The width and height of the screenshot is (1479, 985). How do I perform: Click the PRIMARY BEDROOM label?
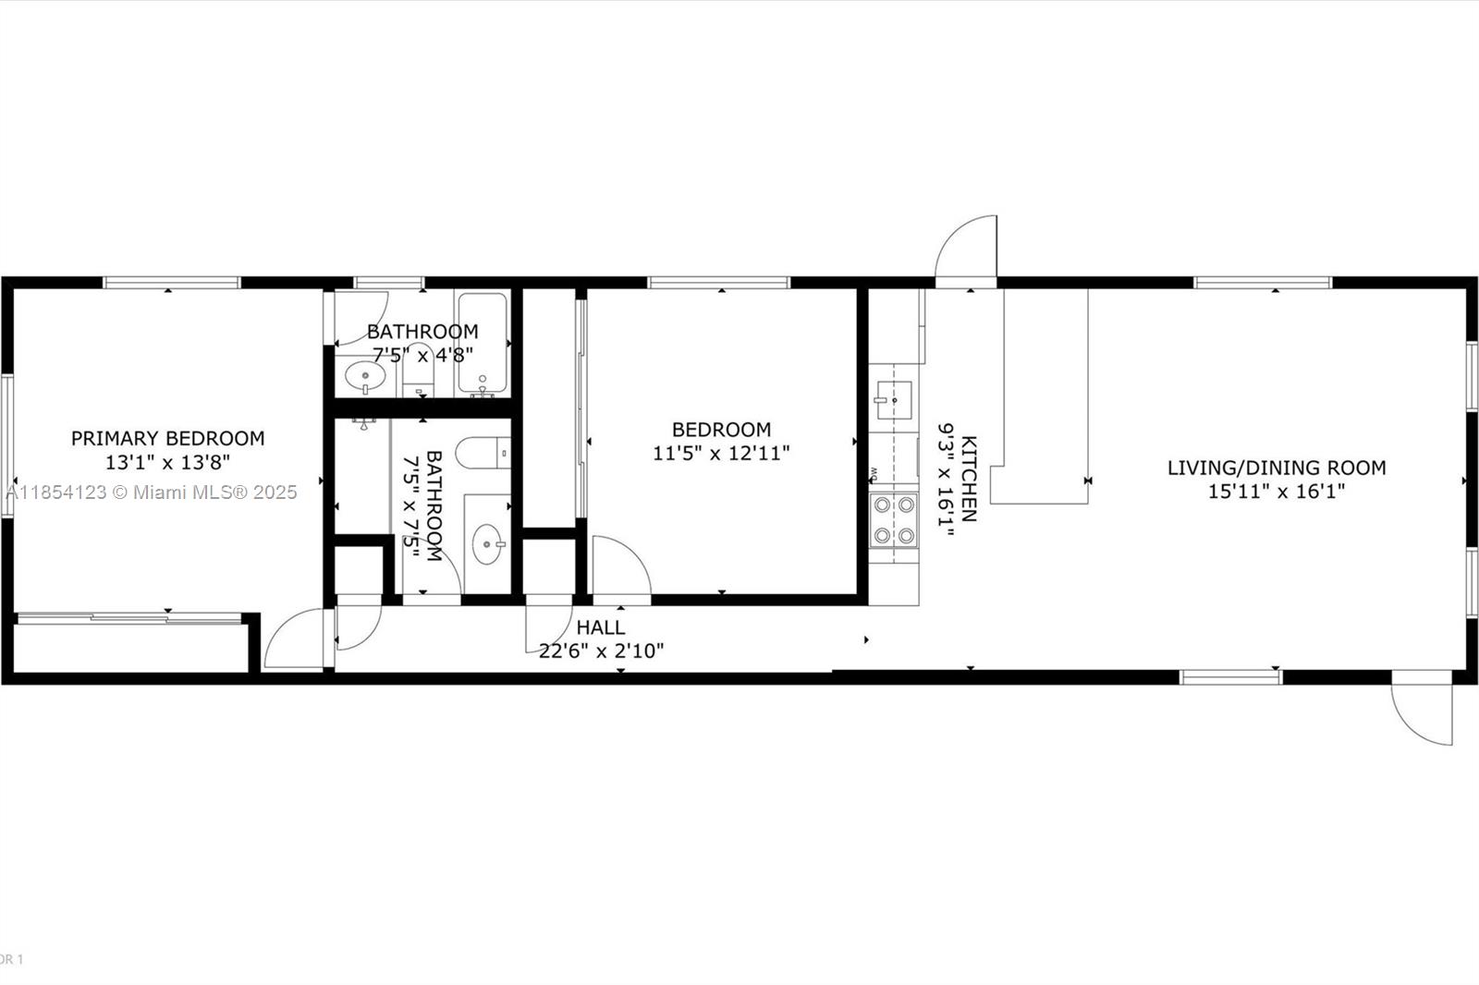click(167, 438)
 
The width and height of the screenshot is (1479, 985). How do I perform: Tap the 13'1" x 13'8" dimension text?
click(167, 462)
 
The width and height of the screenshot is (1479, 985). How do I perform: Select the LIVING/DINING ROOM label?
click(1276, 468)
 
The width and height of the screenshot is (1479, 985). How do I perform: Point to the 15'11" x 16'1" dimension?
click(1276, 492)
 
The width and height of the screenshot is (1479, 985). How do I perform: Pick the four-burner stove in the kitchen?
click(894, 519)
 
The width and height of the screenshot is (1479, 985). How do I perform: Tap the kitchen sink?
click(893, 400)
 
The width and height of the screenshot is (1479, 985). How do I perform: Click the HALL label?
click(601, 627)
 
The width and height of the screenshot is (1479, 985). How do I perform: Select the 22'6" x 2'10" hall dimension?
click(601, 651)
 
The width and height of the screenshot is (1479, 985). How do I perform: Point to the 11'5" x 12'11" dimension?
click(721, 454)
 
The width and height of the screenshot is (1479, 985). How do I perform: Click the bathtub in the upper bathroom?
click(482, 342)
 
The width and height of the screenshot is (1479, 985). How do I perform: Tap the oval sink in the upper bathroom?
click(365, 377)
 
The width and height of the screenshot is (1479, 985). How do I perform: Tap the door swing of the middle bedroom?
click(620, 567)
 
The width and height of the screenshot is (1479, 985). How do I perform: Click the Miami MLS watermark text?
click(151, 492)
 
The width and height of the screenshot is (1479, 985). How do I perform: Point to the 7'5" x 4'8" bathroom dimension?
click(422, 355)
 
